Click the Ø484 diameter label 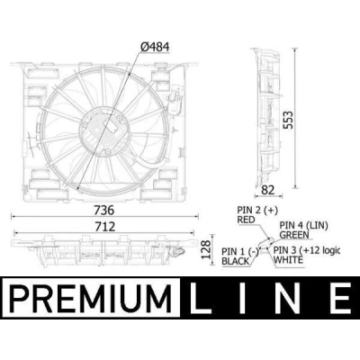155,47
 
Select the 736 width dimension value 104,211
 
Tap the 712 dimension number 104,227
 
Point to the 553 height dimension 288,120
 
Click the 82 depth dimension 268,190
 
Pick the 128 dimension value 205,249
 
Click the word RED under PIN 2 246,220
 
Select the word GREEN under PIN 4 294,235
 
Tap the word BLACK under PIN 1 236,261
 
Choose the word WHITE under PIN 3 289,260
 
